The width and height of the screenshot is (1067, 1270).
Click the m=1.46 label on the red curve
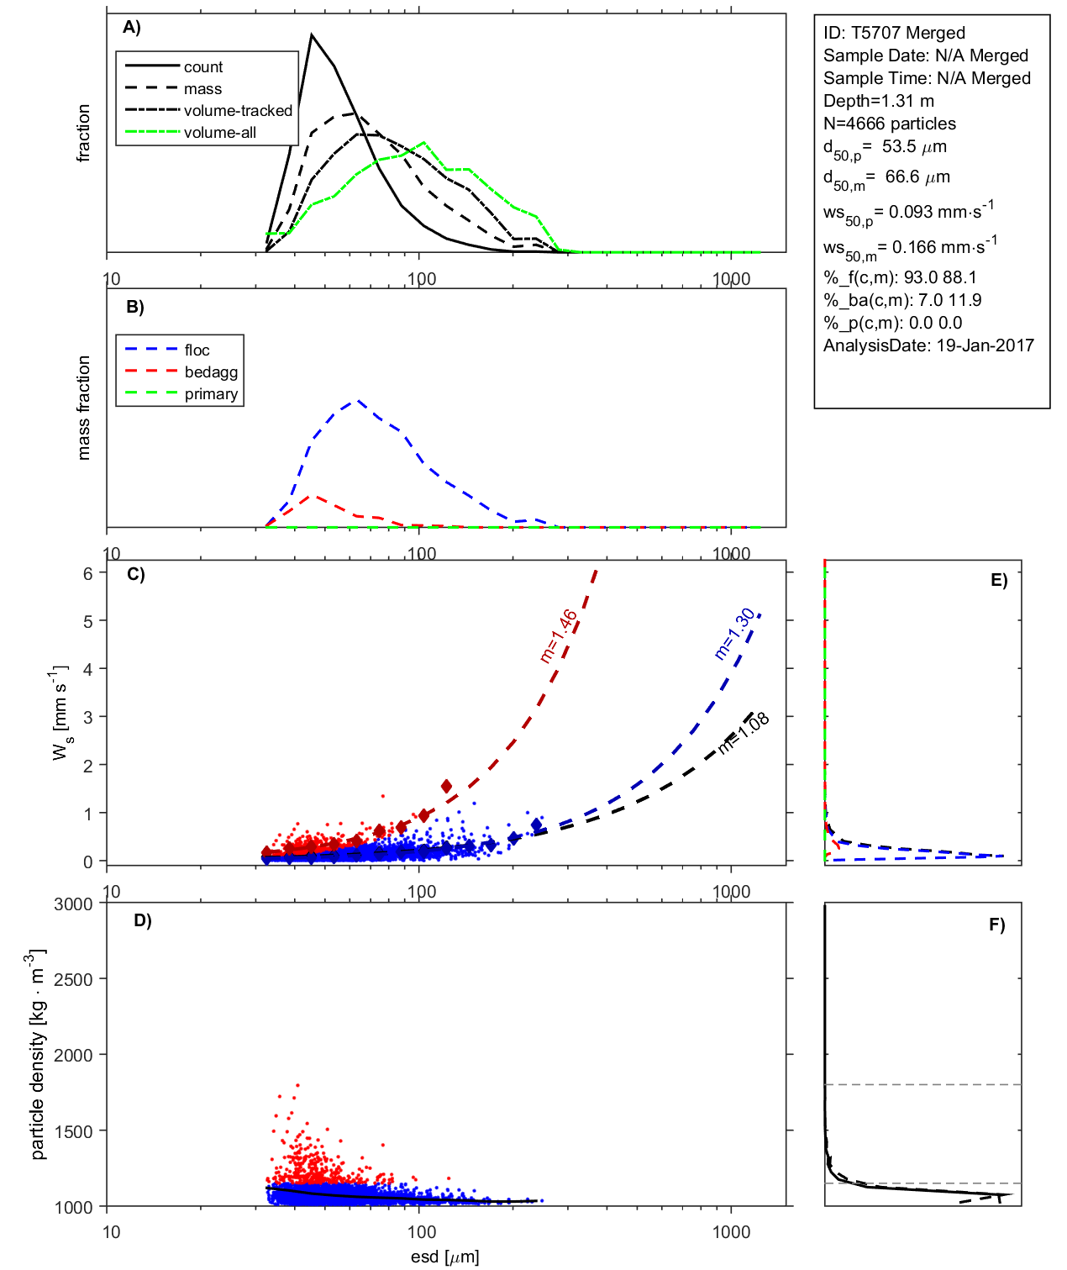559,636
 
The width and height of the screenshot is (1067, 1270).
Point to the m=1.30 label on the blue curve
735,634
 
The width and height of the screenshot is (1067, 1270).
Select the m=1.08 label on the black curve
744,732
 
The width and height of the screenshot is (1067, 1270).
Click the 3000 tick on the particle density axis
73,904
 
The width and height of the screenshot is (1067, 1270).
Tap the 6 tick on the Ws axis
87,573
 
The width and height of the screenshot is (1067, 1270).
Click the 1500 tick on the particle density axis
73,1131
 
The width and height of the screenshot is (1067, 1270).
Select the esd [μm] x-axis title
444,1257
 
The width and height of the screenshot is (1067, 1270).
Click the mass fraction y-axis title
84,408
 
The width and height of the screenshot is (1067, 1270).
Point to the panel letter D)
143,920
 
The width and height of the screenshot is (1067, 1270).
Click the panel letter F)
996,925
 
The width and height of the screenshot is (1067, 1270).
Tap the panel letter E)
998,581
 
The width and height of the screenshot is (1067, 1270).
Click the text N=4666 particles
889,124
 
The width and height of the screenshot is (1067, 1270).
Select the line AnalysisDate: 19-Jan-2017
928,345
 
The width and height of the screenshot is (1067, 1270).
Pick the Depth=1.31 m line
878,101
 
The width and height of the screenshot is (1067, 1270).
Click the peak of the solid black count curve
312,35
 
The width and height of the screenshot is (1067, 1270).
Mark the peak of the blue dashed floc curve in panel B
358,400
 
